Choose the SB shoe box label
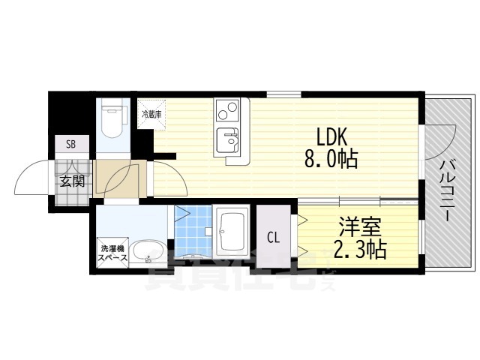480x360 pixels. (71, 145)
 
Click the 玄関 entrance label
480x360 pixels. (72, 180)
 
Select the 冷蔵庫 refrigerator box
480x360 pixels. (152, 115)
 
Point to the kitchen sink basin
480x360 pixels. (226, 139)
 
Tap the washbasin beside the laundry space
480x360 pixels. (148, 252)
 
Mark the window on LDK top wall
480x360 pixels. (283, 94)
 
